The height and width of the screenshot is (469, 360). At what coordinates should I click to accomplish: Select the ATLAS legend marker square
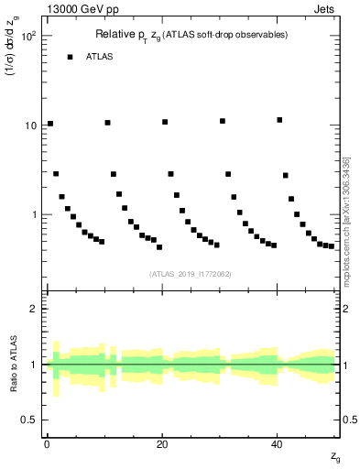(70, 57)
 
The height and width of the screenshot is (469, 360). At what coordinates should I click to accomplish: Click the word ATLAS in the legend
(100, 57)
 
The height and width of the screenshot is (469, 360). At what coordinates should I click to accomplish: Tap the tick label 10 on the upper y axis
(32, 125)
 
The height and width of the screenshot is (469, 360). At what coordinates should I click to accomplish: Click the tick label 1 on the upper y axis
(35, 214)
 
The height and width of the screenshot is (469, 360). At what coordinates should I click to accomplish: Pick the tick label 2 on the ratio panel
(35, 309)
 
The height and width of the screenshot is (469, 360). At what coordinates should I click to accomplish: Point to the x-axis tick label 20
(162, 443)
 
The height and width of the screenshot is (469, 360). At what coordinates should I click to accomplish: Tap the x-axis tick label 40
(277, 443)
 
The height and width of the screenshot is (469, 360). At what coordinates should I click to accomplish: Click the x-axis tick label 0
(47, 443)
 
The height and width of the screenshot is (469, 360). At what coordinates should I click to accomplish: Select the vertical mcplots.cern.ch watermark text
(348, 183)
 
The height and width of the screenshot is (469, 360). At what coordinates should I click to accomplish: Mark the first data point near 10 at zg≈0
(50, 124)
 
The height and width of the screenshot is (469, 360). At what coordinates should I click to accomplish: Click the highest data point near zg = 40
(279, 120)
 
